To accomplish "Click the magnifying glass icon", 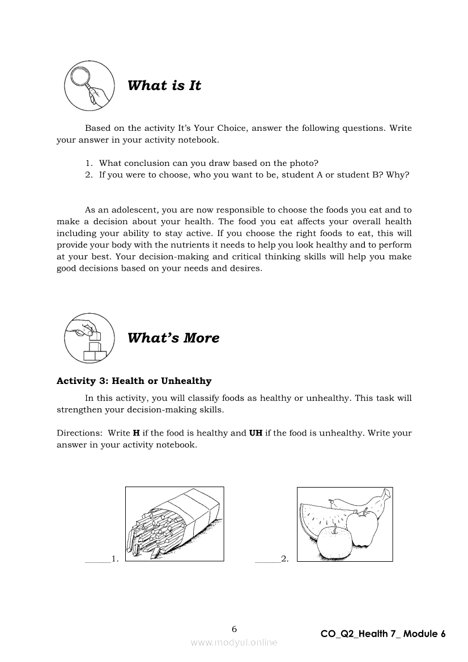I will (87, 86).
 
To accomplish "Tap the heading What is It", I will (164, 86).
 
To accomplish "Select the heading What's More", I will (173, 338).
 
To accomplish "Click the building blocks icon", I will (87, 338).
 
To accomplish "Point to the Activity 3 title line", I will (134, 381).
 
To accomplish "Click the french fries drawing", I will (174, 524).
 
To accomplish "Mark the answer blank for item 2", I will (267, 559).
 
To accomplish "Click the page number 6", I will (234, 629).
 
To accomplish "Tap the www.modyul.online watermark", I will (234, 642).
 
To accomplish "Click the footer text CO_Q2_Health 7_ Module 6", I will (383, 634).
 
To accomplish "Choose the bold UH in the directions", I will (256, 433).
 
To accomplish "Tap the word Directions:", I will (79, 433).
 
